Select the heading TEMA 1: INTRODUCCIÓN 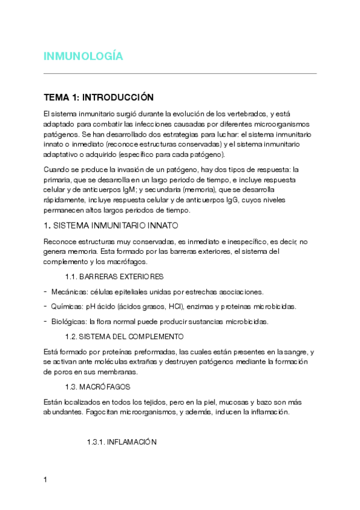pos(99,97)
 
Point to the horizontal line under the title pos(180,73)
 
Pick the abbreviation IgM pos(129,189)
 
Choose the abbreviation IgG pos(232,200)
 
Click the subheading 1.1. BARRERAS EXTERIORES pos(114,277)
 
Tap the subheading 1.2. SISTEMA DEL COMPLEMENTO pos(124,336)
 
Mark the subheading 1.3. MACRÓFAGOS pos(97,387)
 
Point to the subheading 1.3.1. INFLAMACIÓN pos(122,441)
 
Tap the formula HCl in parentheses pos(161,307)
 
